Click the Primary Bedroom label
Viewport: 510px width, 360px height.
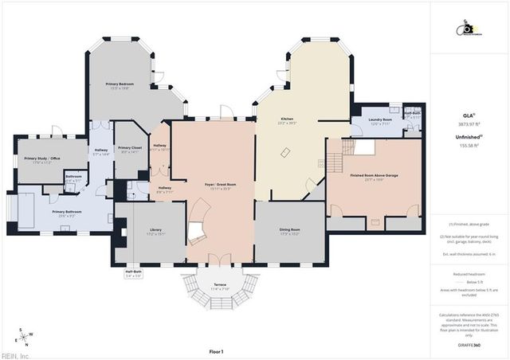(120, 84)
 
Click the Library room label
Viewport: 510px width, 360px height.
(155, 232)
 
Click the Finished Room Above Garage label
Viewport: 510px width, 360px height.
(375, 177)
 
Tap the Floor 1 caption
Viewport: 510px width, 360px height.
(216, 351)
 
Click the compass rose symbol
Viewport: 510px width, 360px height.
(25, 337)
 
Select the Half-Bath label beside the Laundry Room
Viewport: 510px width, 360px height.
(411, 114)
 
